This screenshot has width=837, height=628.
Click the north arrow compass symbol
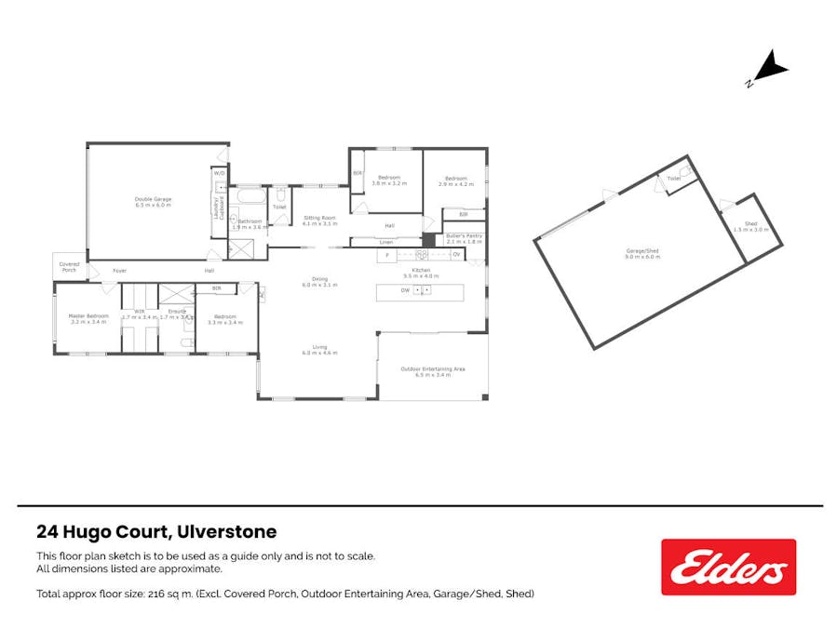click(769, 70)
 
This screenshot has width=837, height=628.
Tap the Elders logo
click(728, 567)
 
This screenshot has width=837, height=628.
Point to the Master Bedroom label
click(88, 315)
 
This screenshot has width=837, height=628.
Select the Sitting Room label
click(319, 218)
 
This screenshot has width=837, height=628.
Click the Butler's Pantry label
click(463, 236)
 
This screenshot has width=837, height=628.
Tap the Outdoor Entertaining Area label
click(433, 369)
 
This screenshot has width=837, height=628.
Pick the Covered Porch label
click(69, 266)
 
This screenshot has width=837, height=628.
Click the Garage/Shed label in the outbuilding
click(641, 252)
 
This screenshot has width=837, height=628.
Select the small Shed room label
click(750, 223)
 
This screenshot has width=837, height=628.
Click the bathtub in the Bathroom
click(250, 197)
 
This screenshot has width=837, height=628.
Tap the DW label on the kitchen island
click(405, 291)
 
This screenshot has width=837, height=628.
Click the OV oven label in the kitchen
click(456, 253)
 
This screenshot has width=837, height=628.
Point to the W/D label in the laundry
click(219, 174)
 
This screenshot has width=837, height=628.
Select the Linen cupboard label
click(358, 243)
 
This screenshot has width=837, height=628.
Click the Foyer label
click(119, 271)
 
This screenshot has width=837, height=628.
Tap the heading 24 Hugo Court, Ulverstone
click(156, 533)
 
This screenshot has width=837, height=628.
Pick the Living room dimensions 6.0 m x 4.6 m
click(318, 354)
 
